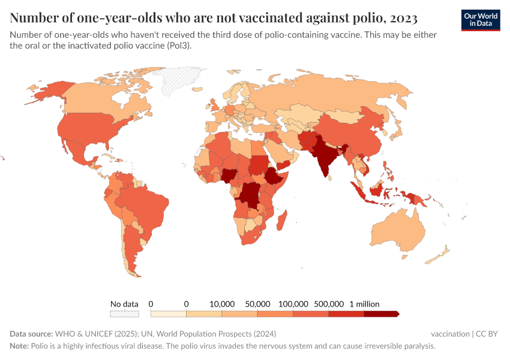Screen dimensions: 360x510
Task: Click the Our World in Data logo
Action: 481,20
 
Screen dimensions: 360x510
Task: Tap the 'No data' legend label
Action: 124,304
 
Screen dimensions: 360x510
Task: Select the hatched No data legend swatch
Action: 124,314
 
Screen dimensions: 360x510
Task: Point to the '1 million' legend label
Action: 364,304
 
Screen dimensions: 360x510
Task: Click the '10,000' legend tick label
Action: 222,304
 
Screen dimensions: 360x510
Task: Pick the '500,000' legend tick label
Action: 329,304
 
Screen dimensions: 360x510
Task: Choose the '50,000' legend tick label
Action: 257,304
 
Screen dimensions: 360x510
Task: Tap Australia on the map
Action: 399,231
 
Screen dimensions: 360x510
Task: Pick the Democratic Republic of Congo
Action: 249,195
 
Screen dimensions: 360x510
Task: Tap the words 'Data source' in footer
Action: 31,334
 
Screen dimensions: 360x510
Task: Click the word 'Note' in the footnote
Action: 19,346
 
